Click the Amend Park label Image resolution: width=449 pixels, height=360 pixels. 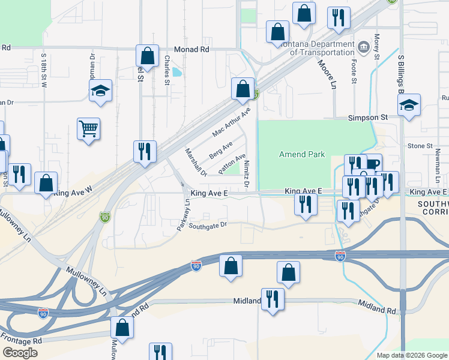pyautogui.click(x=303, y=154)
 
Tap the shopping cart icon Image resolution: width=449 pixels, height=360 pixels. pyautogui.click(x=88, y=129)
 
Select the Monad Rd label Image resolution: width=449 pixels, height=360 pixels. pyautogui.click(x=191, y=49)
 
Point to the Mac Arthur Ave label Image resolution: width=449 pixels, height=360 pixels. pyautogui.click(x=231, y=122)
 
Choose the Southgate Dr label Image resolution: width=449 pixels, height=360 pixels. pyautogui.click(x=208, y=226)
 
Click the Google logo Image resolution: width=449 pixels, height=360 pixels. pyautogui.click(x=20, y=353)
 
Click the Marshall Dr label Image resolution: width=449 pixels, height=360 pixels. pyautogui.click(x=196, y=162)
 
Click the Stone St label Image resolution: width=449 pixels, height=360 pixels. pyautogui.click(x=420, y=146)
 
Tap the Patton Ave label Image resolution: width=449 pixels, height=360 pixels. pyautogui.click(x=232, y=163)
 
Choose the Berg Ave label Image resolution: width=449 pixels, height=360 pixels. pyautogui.click(x=220, y=150)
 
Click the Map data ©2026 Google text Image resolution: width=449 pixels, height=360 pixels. pyautogui.click(x=411, y=355)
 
